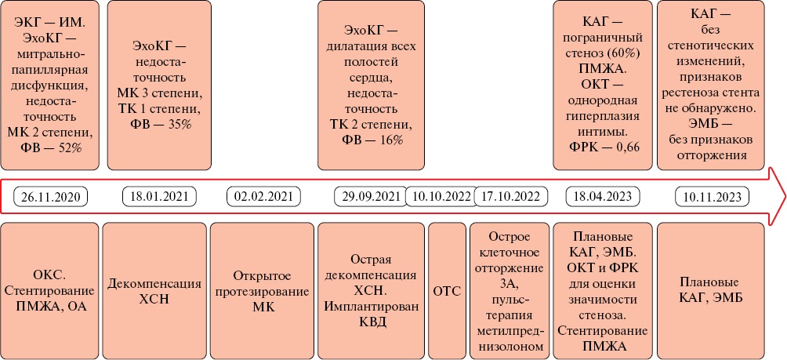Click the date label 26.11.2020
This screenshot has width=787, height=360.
pos(51,196)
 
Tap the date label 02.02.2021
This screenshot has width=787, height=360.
pos(263,196)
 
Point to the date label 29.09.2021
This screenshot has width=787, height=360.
pos(371,196)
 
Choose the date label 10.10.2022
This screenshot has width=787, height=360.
pos(441,196)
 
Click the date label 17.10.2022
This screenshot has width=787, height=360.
pos(510,196)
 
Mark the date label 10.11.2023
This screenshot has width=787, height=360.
pos(712,196)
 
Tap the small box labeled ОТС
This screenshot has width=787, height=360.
pos(447,291)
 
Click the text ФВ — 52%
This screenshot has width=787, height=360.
pos(51,148)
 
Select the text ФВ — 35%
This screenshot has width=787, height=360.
pos(160,124)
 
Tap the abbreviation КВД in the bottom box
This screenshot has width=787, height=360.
pos(372,322)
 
